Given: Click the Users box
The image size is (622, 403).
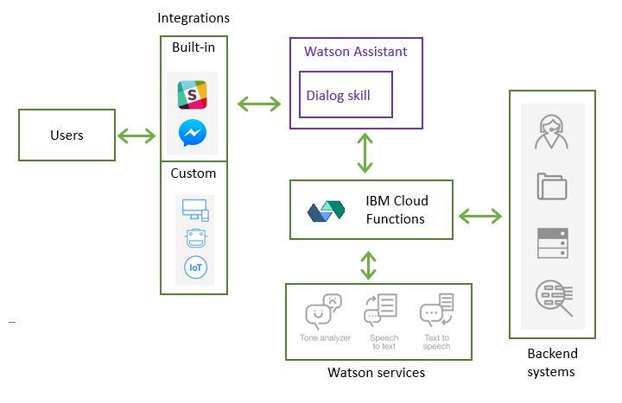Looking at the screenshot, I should (x=67, y=135).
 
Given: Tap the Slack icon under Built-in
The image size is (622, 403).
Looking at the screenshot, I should (x=192, y=94).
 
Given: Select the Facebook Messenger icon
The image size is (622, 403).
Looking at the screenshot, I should (x=192, y=133).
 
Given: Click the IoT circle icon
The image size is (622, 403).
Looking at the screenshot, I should (x=195, y=268).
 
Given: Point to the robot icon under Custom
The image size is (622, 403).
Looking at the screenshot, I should (x=195, y=238).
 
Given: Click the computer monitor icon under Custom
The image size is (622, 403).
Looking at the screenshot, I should (x=194, y=209).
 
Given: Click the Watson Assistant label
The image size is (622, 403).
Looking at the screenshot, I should (x=355, y=51).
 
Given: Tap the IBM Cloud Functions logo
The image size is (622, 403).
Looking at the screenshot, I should (x=326, y=211).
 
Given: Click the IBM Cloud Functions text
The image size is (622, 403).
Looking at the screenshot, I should (x=396, y=210).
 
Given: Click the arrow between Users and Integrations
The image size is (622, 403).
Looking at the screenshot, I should (x=136, y=135).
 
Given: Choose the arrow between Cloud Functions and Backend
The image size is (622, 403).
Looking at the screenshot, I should (x=480, y=214).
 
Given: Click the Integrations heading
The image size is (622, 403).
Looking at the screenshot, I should (x=194, y=17).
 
